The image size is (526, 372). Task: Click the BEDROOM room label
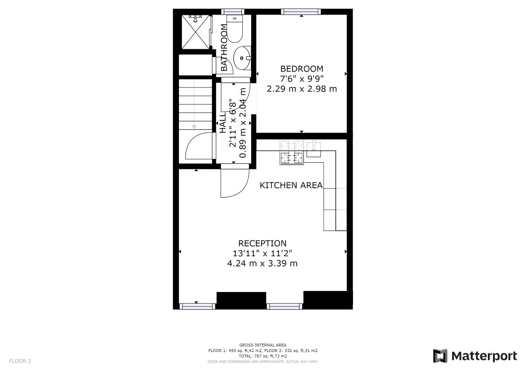(x=301, y=69)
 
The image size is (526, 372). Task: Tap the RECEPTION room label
(x=262, y=243)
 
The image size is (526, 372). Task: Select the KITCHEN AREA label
(x=291, y=185)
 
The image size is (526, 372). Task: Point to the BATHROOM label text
(x=224, y=47)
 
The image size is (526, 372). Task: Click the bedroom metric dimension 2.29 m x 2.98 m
(x=301, y=89)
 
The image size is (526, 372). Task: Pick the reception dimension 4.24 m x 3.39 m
(x=262, y=263)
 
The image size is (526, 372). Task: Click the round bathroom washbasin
(x=242, y=58)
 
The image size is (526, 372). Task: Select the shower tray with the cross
(x=196, y=32)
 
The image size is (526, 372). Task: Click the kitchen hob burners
(x=292, y=152)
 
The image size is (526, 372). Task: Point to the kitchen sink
(x=313, y=149)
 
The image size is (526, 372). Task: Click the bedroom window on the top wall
(x=301, y=12)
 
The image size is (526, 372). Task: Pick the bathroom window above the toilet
(x=233, y=12)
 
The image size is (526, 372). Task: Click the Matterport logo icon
(x=440, y=356)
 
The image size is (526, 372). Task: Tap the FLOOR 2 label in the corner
(x=20, y=361)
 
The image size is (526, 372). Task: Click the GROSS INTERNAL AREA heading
(x=263, y=345)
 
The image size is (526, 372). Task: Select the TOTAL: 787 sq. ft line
(x=263, y=356)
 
